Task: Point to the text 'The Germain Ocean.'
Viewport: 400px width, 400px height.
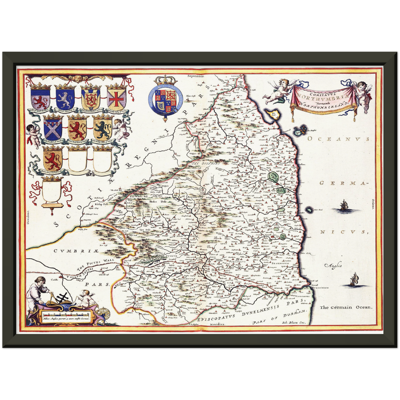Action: pyautogui.click(x=346, y=307)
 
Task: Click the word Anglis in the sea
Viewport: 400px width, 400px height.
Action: pyautogui.click(x=333, y=265)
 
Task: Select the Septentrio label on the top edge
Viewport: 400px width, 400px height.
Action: pyautogui.click(x=195, y=76)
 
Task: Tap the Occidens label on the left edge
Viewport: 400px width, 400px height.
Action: pyautogui.click(x=28, y=218)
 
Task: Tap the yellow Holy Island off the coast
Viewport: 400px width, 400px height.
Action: pyautogui.click(x=272, y=114)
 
